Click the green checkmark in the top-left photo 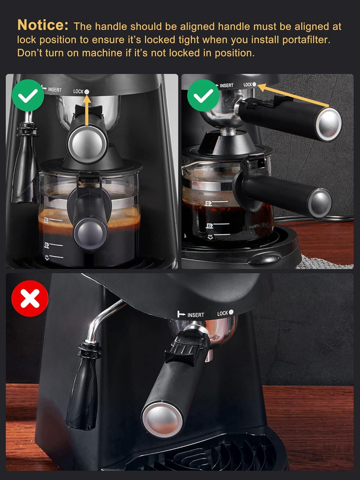[x=28, y=95]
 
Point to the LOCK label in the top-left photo [x=78, y=91]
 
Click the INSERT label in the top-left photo [x=54, y=89]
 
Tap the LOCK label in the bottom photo [x=222, y=313]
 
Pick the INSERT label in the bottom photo [x=195, y=315]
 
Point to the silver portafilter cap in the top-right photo [x=329, y=122]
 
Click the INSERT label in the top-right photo [x=226, y=85]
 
